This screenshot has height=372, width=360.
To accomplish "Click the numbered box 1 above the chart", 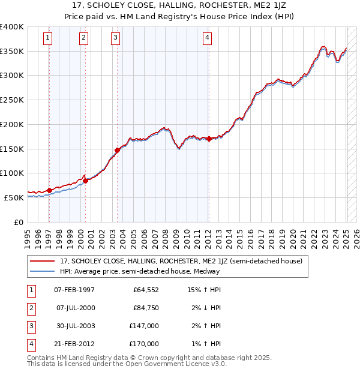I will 47,38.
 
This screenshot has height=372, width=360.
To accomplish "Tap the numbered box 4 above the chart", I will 207,38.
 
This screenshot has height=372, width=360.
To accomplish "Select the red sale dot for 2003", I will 117,150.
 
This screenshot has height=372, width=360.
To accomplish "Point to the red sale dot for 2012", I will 208,139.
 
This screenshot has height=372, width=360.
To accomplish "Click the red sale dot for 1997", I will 49,190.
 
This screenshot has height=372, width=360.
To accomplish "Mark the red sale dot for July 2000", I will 85,180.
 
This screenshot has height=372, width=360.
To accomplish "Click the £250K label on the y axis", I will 12,100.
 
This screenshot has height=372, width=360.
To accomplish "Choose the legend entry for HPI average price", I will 140,271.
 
